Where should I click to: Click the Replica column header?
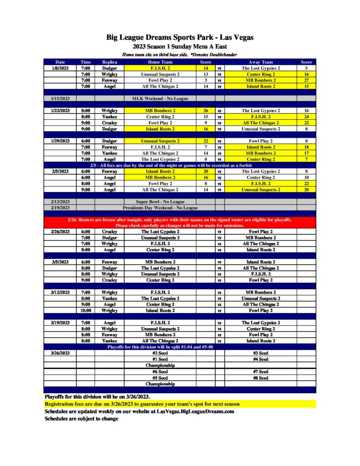[x=110, y=62]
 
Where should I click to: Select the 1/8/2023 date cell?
[x=60, y=68]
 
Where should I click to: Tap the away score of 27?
[x=306, y=81]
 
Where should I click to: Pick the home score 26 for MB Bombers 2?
[x=206, y=111]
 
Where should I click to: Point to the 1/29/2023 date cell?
[x=60, y=141]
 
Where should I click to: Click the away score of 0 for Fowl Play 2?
[x=306, y=141]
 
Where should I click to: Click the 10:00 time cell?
[x=86, y=310]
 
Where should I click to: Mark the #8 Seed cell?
[x=260, y=378]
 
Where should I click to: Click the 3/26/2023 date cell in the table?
[x=60, y=353]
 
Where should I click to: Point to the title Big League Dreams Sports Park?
[x=180, y=37]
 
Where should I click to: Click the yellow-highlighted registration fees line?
[x=142, y=404]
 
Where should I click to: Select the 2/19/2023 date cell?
[x=60, y=208]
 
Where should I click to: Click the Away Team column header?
[x=260, y=62]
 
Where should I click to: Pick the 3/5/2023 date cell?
[x=60, y=262]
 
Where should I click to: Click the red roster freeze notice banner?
[x=180, y=223]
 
